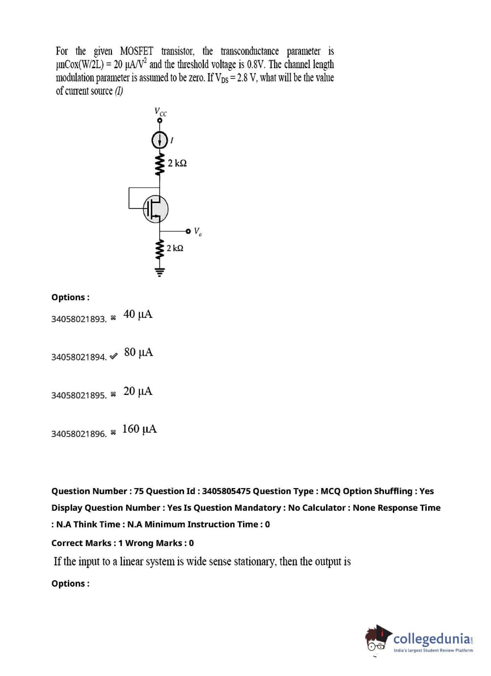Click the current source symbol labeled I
click(x=159, y=140)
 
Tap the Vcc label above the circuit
click(x=161, y=112)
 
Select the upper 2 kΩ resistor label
click(x=177, y=163)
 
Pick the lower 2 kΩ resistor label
click(x=175, y=248)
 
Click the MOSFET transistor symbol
click(x=156, y=209)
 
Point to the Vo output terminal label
click(x=197, y=231)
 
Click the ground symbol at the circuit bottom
click(x=159, y=271)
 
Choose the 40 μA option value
click(x=138, y=314)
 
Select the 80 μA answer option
click(x=138, y=352)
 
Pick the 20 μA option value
click(x=138, y=391)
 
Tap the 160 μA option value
click(x=139, y=429)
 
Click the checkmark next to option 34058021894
click(x=113, y=357)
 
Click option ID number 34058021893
click(x=79, y=319)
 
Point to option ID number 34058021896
click(x=79, y=434)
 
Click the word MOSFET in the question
click(x=136, y=52)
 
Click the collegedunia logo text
click(x=432, y=639)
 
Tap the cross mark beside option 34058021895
click(x=113, y=394)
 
